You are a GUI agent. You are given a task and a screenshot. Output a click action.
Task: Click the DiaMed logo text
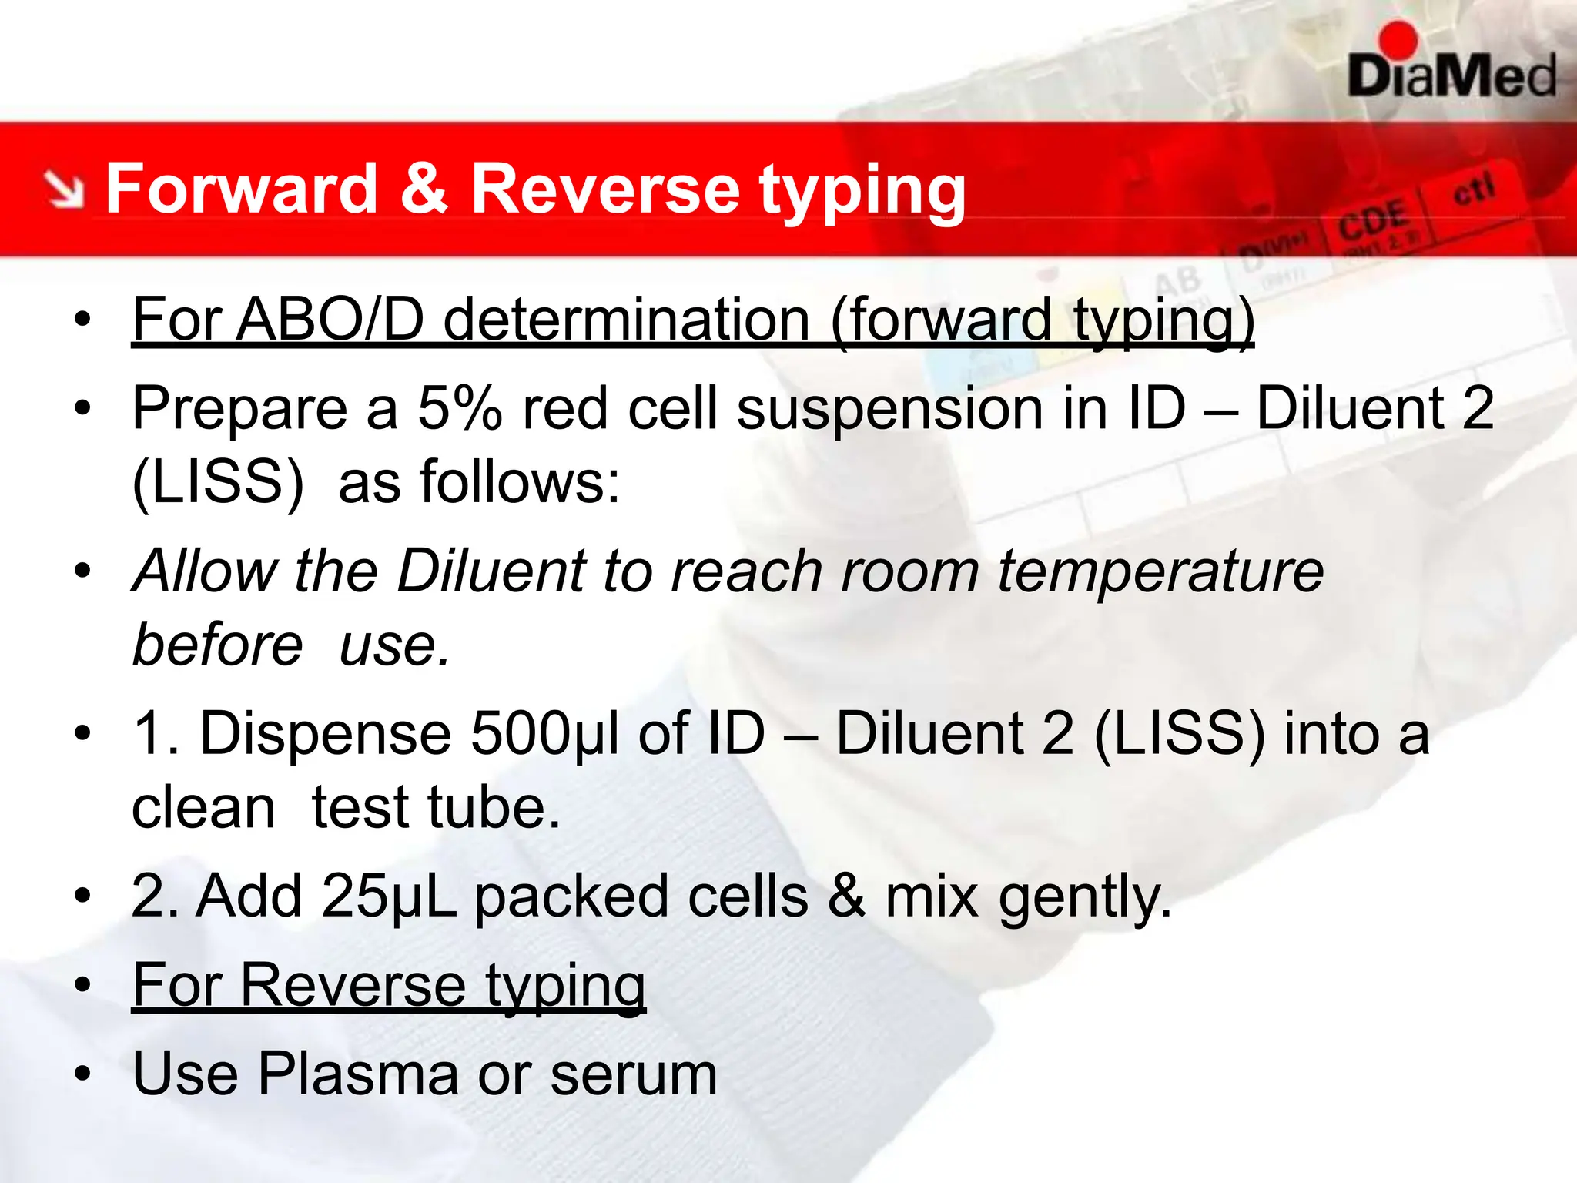click(x=1452, y=77)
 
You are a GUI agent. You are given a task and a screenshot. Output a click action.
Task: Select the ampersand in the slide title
click(x=424, y=189)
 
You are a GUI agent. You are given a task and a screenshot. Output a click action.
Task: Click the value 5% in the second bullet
click(x=460, y=408)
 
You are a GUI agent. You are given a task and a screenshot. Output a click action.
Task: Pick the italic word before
click(x=218, y=645)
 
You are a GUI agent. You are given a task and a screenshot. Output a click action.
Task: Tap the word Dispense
click(x=325, y=733)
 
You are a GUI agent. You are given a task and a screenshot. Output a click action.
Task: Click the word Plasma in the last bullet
click(x=357, y=1074)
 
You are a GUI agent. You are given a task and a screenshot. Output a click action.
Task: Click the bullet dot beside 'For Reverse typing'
click(x=82, y=985)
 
